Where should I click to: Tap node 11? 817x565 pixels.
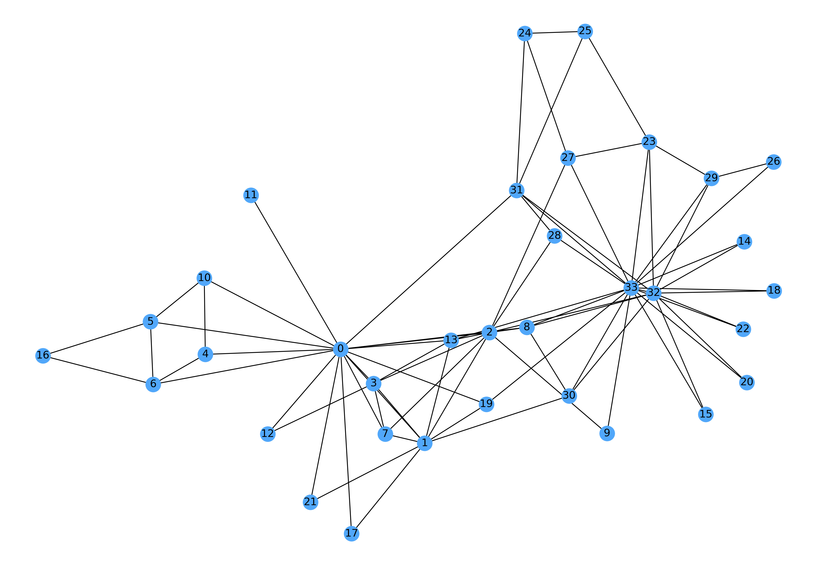coord(251,195)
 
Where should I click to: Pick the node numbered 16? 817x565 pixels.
coord(43,355)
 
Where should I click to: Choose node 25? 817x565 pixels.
coord(585,31)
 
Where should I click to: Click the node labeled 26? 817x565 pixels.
coord(773,162)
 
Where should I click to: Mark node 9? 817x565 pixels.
coord(607,433)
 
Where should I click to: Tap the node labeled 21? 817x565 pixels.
coord(310,502)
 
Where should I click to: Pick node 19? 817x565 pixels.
coord(486,404)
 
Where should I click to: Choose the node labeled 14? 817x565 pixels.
coord(744,241)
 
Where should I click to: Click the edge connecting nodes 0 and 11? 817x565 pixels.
coord(295,272)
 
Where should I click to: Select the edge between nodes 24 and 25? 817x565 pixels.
coord(555,32)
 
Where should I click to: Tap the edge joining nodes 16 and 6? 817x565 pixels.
coord(98,370)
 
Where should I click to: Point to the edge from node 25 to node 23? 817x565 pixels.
coord(617,86)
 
